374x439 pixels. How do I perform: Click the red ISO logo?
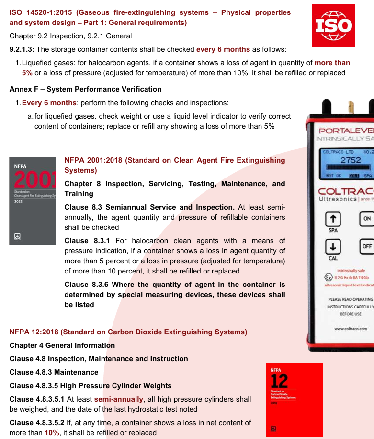333,25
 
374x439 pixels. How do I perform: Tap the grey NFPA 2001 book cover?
33,201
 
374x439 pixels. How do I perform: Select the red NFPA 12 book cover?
294,399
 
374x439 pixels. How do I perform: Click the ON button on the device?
367,218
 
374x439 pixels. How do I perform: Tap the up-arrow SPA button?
333,218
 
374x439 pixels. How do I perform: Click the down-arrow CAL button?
333,247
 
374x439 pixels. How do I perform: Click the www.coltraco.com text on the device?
351,329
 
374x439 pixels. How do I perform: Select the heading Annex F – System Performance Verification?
86,89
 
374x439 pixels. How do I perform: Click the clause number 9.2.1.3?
22,49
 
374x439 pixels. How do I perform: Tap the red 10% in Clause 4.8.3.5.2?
52,433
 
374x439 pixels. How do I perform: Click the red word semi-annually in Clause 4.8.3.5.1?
119,399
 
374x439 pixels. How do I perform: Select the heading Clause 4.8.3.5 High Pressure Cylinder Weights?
91,386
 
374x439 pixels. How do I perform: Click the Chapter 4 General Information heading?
62,345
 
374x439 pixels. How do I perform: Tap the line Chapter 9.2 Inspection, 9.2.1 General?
71,36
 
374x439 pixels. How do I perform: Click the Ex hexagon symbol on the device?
328,277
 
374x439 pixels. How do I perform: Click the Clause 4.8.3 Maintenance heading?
54,372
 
